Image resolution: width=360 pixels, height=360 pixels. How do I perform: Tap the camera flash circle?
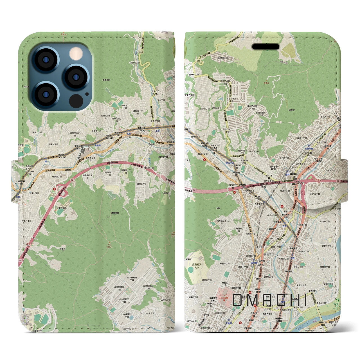click(75, 53)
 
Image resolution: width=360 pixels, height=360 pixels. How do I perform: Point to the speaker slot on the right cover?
click(265, 47)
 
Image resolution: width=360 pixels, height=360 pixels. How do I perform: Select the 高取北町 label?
click(106, 80)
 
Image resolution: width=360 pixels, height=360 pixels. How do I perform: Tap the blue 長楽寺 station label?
click(97, 145)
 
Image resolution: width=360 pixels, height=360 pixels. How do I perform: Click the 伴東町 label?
click(62, 249)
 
